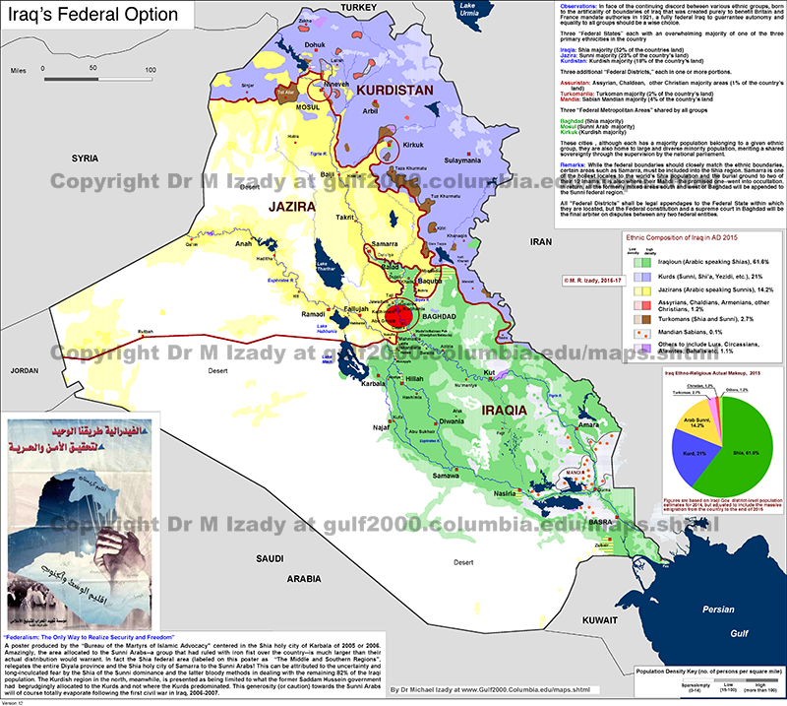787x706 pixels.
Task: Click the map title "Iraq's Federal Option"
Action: point(94,16)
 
